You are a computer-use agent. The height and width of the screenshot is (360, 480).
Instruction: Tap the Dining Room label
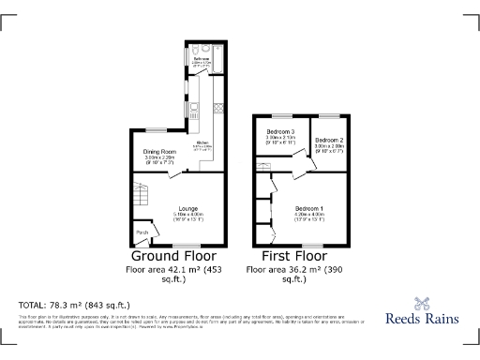(x=159, y=151)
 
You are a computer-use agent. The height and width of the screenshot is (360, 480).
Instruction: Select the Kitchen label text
(x=202, y=142)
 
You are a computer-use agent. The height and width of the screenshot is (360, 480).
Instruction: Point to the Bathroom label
(x=202, y=58)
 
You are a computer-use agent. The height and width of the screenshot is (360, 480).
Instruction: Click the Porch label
(x=142, y=232)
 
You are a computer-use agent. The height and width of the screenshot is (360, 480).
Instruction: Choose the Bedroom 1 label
(x=308, y=207)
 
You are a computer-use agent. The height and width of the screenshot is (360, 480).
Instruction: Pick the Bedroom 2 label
(x=330, y=140)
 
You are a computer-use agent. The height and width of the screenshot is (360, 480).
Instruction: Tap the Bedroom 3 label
(x=280, y=130)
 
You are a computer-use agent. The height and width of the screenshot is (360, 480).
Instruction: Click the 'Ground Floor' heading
(x=173, y=256)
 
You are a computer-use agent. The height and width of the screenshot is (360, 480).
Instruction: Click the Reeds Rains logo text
(x=422, y=318)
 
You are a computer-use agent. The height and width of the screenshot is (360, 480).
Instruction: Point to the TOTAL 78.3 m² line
(x=74, y=305)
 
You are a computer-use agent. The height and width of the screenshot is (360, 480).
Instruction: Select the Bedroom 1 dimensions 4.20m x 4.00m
(x=308, y=214)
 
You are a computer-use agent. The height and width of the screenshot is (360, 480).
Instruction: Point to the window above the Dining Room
(x=156, y=128)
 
